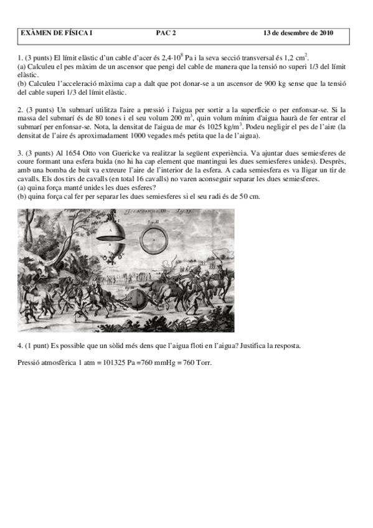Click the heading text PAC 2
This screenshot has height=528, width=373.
[166, 34]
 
